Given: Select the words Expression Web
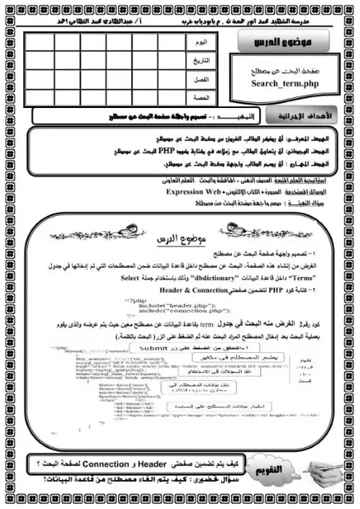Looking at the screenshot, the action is click(x=194, y=194).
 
